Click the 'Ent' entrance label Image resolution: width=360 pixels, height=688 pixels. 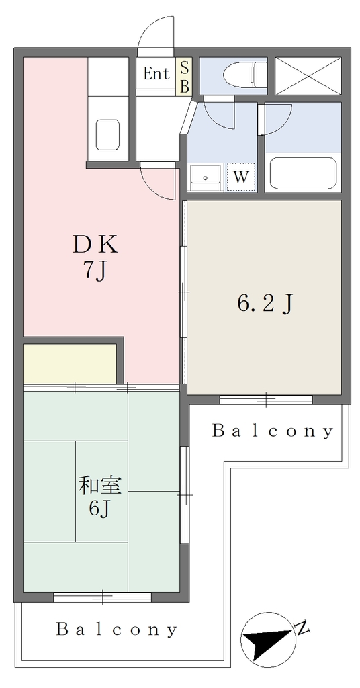[156, 74]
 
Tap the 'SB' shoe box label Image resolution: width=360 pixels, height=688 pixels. [185, 77]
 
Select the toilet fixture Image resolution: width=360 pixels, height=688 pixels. [244, 75]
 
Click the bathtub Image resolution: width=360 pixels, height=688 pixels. [303, 173]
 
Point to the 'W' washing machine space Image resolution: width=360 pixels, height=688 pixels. [240, 177]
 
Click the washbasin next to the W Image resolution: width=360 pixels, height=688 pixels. [206, 177]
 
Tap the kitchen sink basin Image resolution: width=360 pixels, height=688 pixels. [107, 134]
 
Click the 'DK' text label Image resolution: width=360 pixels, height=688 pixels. [95, 245]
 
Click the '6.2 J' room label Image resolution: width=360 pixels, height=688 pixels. [265, 303]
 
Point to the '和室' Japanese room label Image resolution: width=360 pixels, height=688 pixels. [103, 486]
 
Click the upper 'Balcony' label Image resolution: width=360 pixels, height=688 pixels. [272, 431]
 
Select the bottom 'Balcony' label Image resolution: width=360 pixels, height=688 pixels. [116, 630]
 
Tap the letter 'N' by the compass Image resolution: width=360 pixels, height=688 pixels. [302, 628]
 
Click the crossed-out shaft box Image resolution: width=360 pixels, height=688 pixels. [309, 76]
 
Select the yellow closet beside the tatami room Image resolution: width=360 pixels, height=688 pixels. [70, 363]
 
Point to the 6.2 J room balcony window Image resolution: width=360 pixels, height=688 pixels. [266, 400]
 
